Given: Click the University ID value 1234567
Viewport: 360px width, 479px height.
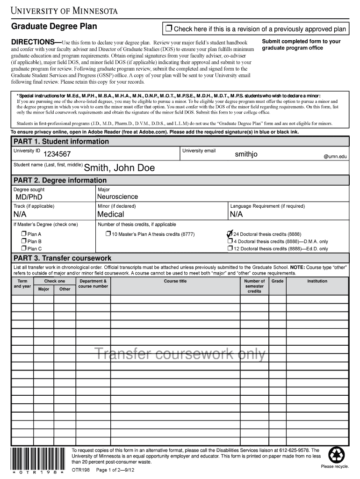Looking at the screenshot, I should [57, 154].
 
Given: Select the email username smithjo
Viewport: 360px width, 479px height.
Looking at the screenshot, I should [246, 154].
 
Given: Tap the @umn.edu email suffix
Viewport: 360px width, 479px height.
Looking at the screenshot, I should [336, 157].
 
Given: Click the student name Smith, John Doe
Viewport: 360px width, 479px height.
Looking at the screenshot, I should [119, 168].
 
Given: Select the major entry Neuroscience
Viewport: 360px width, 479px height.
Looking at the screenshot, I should [117, 197].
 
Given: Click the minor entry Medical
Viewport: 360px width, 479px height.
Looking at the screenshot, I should [110, 214].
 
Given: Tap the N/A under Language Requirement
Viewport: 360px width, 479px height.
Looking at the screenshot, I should [237, 214].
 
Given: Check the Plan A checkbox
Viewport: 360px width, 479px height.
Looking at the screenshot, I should [23, 234].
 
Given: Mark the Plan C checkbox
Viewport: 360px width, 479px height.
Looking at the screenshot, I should [23, 249].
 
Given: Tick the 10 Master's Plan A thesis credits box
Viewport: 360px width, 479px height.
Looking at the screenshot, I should [108, 234].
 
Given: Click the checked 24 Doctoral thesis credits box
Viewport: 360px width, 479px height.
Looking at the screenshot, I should [230, 233].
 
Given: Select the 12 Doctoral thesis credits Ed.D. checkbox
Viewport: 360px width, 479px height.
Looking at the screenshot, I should [230, 249].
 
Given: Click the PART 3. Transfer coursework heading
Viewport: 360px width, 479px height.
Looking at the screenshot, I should [62, 258].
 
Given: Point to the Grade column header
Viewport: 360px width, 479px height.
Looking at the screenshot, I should [278, 281].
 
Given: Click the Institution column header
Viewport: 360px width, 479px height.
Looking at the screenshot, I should [317, 281].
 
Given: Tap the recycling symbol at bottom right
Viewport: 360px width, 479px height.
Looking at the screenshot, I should [337, 455].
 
